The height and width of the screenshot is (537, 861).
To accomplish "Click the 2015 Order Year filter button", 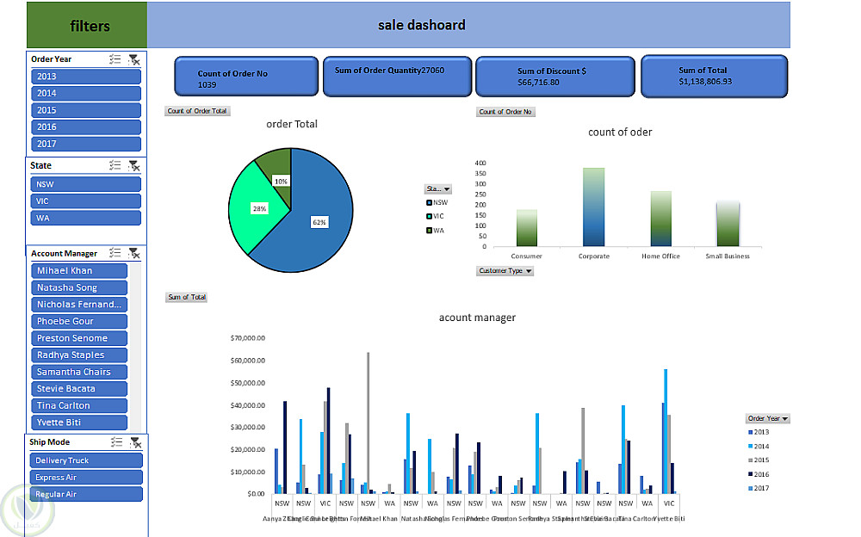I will pyautogui.click(x=86, y=110).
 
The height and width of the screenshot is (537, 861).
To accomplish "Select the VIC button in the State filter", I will pyautogui.click(x=86, y=201).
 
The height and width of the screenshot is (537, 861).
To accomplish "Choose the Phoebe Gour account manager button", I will pyautogui.click(x=80, y=321).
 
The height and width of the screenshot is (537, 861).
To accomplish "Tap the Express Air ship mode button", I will pyautogui.click(x=86, y=477).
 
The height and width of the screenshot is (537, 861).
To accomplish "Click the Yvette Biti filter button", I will pyautogui.click(x=80, y=423).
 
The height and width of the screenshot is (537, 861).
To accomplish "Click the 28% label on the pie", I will pyautogui.click(x=259, y=208).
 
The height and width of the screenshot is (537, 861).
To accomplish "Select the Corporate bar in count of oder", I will pyautogui.click(x=594, y=207).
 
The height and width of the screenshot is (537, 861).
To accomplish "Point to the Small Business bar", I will pyautogui.click(x=728, y=224).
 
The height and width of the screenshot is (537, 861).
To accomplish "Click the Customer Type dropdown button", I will pyautogui.click(x=505, y=271).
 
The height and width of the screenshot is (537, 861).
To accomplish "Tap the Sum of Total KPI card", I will pyautogui.click(x=714, y=76).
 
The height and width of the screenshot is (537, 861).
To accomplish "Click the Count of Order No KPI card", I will pyautogui.click(x=246, y=77).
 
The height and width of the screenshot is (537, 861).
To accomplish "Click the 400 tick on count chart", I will pyautogui.click(x=480, y=163).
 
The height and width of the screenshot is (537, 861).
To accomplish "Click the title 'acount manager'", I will pyautogui.click(x=477, y=318).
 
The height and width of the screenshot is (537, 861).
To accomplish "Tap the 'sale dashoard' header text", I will pyautogui.click(x=422, y=25).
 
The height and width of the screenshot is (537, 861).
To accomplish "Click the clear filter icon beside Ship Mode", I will pyautogui.click(x=134, y=442).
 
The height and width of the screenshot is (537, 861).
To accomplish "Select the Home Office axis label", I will pyautogui.click(x=660, y=256).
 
